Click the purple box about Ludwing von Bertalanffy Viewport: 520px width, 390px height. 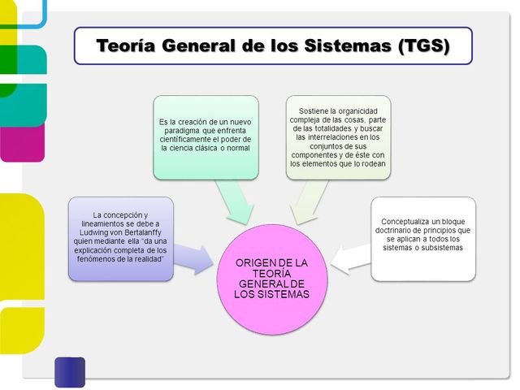click(x=120, y=238)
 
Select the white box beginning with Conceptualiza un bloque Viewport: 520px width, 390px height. click(x=423, y=238)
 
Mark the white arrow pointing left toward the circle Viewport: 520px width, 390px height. click(x=349, y=258)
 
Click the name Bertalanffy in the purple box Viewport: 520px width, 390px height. click(x=144, y=231)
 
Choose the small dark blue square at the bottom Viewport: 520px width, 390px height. click(x=70, y=371)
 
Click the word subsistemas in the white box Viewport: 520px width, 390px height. click(x=440, y=248)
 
